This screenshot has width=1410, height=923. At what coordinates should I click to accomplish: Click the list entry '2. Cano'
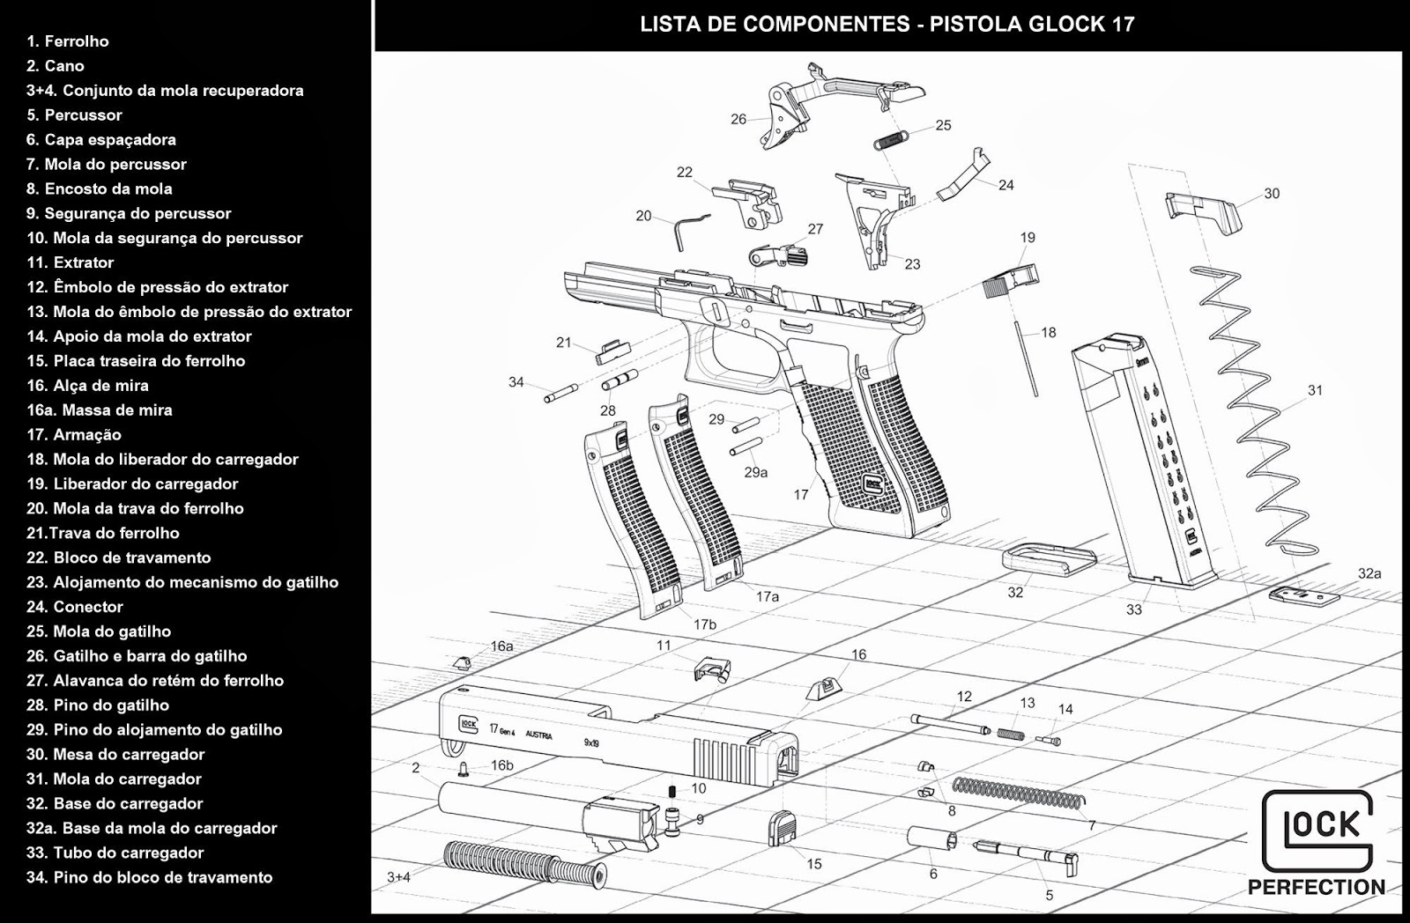coord(56,66)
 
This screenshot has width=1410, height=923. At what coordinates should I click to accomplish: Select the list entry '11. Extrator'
coord(70,262)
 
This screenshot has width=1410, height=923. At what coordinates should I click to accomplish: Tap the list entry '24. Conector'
coord(75,607)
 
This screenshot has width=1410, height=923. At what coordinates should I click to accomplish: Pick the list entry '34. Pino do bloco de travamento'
coord(150,877)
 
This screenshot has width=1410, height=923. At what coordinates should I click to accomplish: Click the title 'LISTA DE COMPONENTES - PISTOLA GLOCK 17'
coord(887,25)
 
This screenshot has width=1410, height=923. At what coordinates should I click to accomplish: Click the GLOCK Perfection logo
coord(1317,842)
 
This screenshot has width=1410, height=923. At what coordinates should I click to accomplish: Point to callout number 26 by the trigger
coord(738,119)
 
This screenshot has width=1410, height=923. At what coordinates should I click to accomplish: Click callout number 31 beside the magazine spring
coord(1315,390)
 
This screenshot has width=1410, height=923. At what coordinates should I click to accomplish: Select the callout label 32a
coord(1369,573)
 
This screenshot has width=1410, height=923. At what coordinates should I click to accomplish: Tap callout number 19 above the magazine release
coord(1028,238)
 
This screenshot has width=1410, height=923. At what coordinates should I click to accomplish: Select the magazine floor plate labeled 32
coord(1049,559)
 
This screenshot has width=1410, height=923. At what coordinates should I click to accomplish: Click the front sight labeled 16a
coord(460,662)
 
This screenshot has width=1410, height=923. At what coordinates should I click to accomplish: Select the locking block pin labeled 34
coord(560,392)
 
